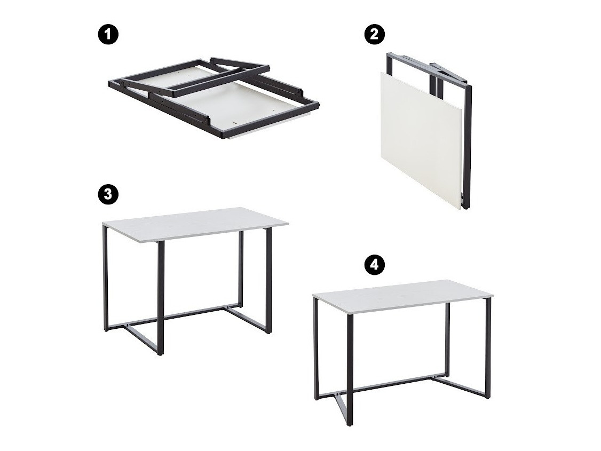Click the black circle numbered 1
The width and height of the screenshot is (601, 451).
tap(109, 35)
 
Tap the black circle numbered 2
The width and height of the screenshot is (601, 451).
tap(374, 35)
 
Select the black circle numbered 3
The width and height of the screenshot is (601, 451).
tap(108, 194)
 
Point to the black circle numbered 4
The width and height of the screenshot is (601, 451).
tap(375, 265)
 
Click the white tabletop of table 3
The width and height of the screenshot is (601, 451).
tap(195, 224)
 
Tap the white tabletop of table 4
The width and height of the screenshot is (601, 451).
tap(402, 295)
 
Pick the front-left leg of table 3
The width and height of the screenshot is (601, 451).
tap(161, 298)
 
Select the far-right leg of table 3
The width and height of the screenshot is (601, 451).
tap(268, 281)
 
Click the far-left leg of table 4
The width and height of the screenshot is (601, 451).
tap(316, 349)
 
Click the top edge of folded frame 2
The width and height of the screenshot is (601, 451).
tap(425, 66)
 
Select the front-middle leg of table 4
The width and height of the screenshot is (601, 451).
tap(350, 369)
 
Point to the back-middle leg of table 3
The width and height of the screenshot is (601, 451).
tap(241, 268)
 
